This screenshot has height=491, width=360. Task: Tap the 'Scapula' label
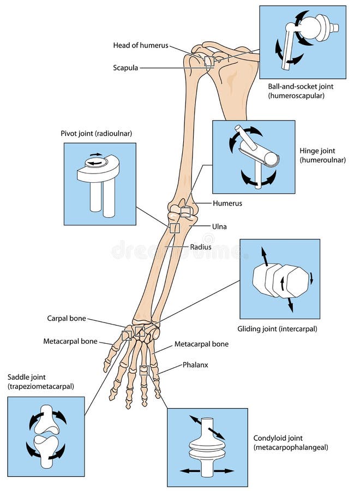pyautogui.click(x=125, y=68)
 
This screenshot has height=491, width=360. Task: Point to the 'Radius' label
pyautogui.click(x=200, y=247)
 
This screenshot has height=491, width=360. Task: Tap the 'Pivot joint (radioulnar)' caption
pyautogui.click(x=97, y=133)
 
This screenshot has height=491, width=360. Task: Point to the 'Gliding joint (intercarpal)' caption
pyautogui.click(x=277, y=329)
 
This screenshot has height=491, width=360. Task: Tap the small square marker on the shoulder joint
pyautogui.click(x=209, y=62)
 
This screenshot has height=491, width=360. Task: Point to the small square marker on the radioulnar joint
pyautogui.click(x=174, y=228)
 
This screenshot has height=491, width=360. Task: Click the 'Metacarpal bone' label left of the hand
pyautogui.click(x=70, y=342)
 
